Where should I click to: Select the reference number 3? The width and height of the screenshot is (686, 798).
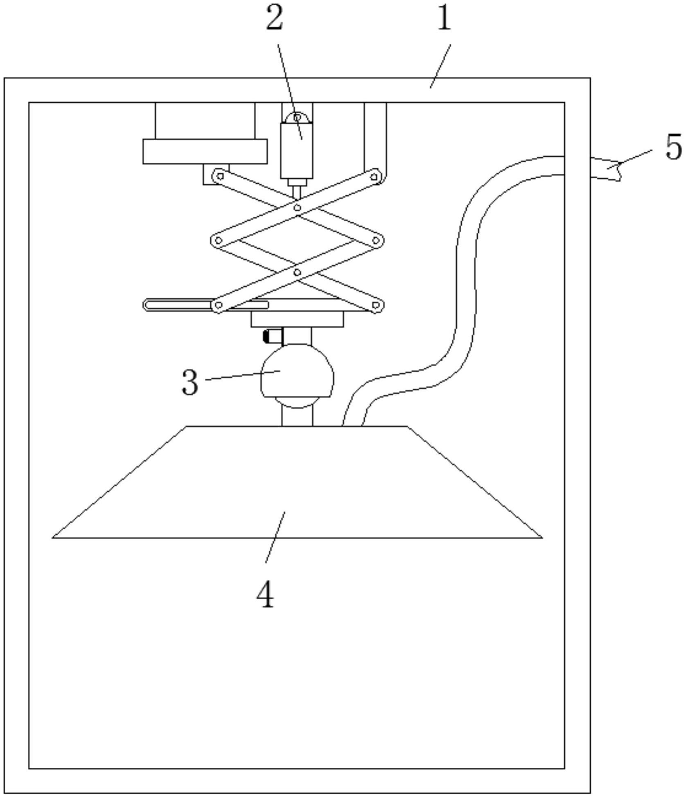[x=190, y=382]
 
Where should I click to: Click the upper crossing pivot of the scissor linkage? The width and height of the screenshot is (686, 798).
[x=298, y=208]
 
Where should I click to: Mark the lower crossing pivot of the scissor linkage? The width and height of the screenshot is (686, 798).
[x=298, y=272]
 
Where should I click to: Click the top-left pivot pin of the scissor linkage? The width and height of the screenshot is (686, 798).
[x=220, y=176]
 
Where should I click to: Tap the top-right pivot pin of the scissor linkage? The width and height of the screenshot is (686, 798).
[x=374, y=176]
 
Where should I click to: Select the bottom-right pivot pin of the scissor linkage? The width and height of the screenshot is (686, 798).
[x=376, y=305]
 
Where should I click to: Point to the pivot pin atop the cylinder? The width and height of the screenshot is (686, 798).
[x=297, y=118]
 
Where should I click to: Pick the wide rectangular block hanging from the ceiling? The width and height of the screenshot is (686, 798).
[x=205, y=151]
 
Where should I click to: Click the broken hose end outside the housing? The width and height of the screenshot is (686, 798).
[x=606, y=168]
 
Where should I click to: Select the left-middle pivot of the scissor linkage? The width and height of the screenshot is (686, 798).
[x=219, y=240]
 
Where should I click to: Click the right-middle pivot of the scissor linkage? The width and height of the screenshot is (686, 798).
[x=376, y=240]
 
